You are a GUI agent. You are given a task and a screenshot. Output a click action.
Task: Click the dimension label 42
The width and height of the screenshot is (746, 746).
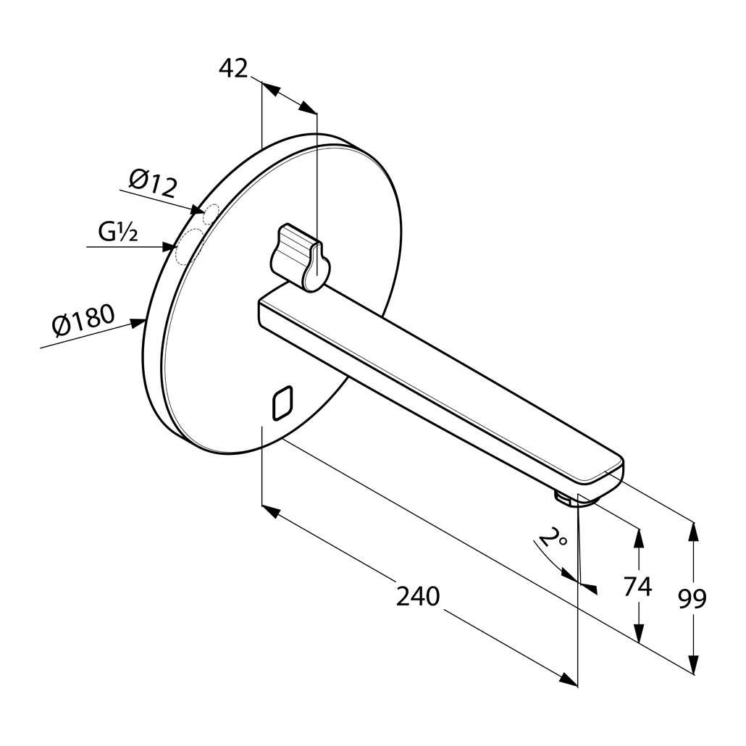pyautogui.click(x=234, y=69)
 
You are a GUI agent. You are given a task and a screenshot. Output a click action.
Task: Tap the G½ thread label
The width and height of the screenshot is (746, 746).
pyautogui.click(x=119, y=232)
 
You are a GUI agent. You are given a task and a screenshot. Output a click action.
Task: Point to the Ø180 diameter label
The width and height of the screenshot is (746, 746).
pyautogui.click(x=84, y=319)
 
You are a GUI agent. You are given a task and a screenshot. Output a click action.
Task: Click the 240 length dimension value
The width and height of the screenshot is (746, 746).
pyautogui.click(x=418, y=596)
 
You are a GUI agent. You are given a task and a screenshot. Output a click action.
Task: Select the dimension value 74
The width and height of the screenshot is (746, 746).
pyautogui.click(x=637, y=586)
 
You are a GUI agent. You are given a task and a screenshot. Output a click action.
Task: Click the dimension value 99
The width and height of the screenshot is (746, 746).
pyautogui.click(x=692, y=598)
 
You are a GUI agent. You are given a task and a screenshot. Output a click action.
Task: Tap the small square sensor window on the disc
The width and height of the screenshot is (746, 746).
pyautogui.click(x=282, y=403)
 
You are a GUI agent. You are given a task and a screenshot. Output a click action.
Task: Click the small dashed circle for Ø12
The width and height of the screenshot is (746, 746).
pyautogui.click(x=211, y=214)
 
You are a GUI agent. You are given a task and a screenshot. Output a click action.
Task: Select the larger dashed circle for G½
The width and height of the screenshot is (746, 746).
pyautogui.click(x=189, y=246)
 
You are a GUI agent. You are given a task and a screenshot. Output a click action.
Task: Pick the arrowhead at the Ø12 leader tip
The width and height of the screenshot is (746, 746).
pyautogui.click(x=198, y=210)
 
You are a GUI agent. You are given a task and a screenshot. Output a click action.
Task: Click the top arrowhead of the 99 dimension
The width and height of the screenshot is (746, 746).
pyautogui.click(x=694, y=532)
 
